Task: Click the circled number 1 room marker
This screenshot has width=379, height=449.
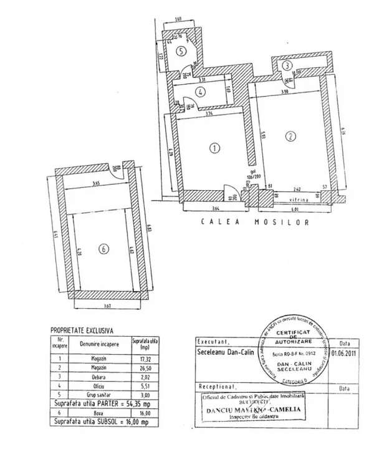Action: pyautogui.click(x=214, y=148)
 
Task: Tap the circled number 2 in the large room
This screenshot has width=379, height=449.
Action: pyautogui.click(x=290, y=137)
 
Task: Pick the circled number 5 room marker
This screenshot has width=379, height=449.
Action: pyautogui.click(x=180, y=52)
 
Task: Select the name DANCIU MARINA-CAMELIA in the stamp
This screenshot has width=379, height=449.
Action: pyautogui.click(x=251, y=408)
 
